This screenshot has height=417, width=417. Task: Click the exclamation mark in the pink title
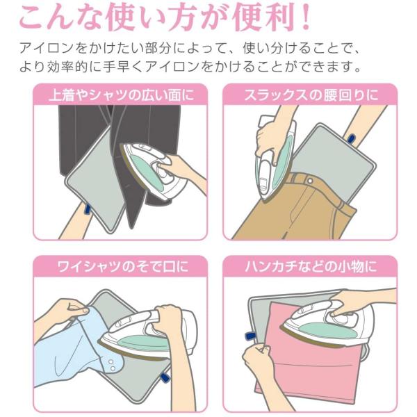click(x=306, y=17)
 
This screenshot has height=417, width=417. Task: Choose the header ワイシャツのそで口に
click(x=123, y=266)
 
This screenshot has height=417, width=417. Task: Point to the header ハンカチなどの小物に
click(x=311, y=266)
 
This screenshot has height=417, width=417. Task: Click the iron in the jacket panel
click(x=154, y=170)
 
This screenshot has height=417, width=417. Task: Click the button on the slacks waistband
click(x=309, y=181)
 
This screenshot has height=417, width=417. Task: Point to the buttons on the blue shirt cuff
click(x=112, y=366)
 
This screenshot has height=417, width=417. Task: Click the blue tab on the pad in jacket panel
click(x=87, y=208)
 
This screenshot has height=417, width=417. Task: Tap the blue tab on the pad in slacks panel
click(x=351, y=139)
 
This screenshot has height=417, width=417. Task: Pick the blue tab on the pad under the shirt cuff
click(x=165, y=378)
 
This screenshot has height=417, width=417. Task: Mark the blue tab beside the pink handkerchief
click(x=250, y=336)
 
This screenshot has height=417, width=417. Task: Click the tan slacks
click(x=293, y=210)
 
